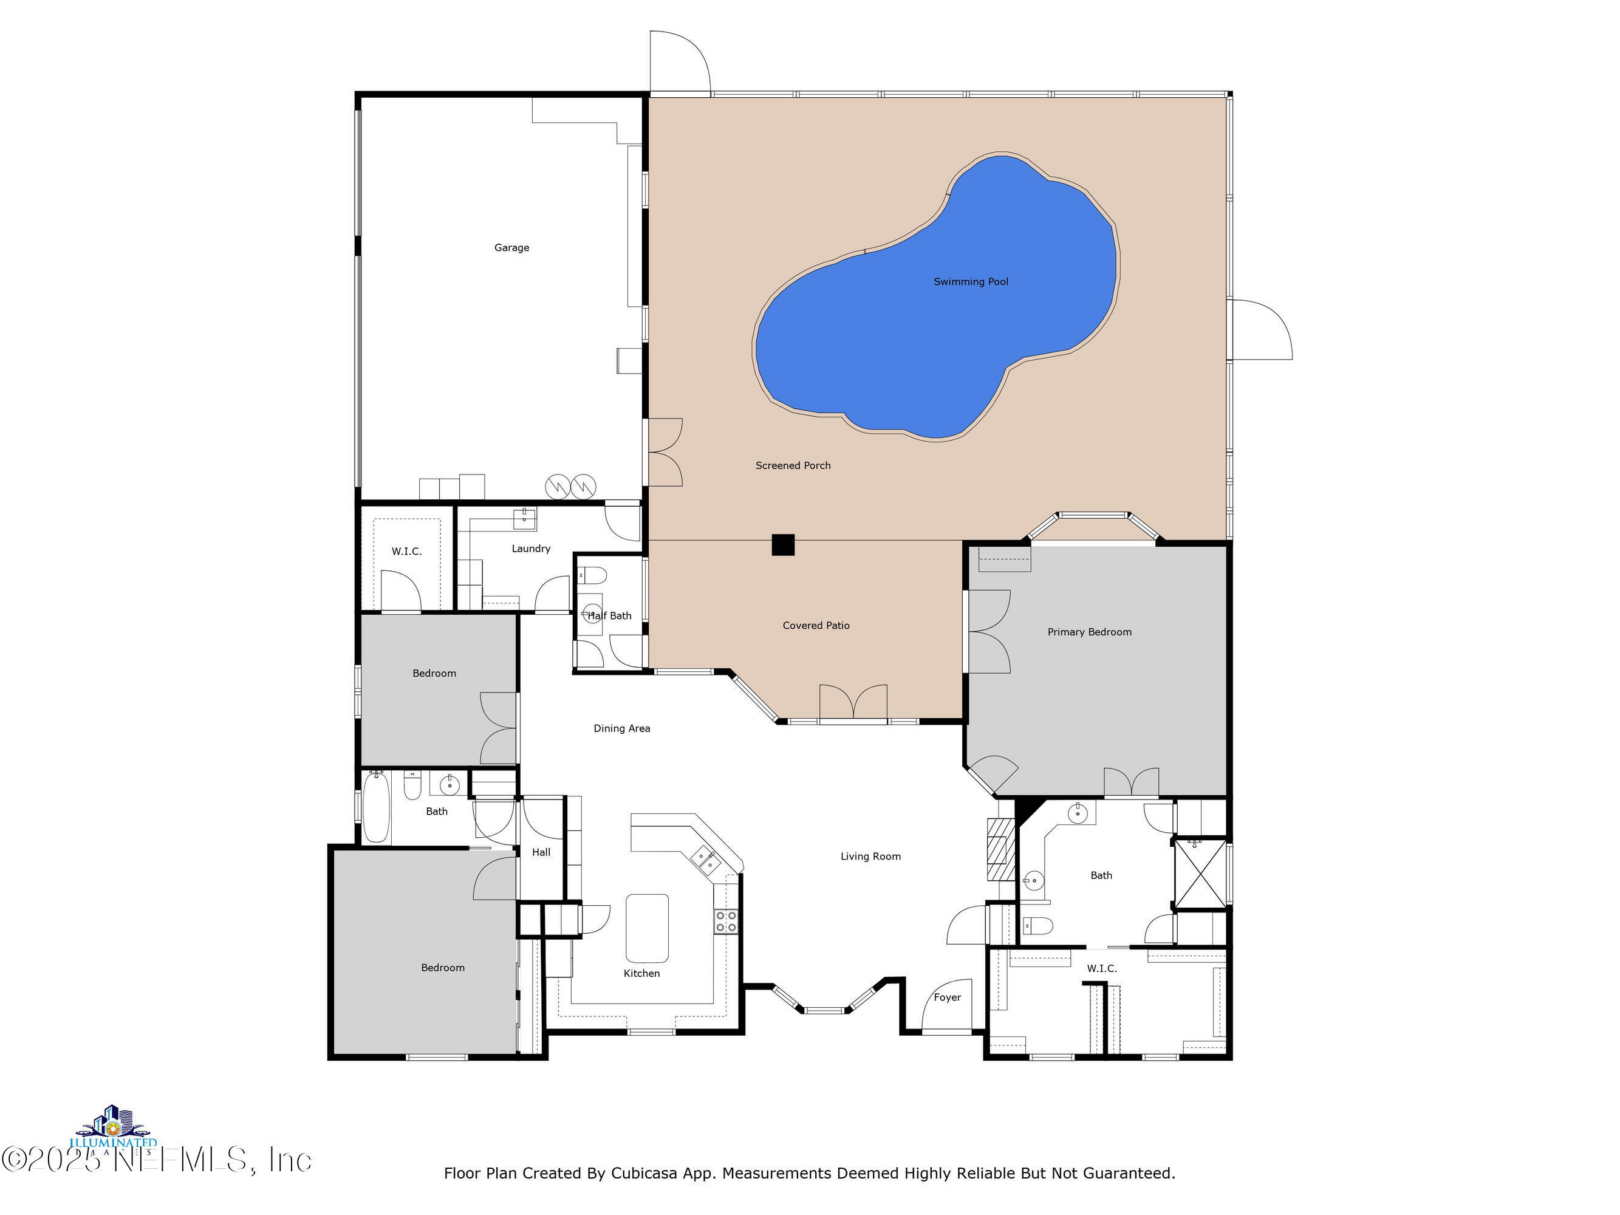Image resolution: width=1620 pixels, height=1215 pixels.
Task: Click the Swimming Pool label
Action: (971, 282)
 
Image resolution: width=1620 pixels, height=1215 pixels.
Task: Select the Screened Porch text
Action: (793, 466)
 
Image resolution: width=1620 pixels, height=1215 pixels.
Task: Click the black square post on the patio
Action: (782, 545)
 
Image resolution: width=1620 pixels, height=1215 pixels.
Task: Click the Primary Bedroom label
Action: (1089, 632)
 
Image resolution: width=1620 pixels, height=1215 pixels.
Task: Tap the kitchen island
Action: (647, 927)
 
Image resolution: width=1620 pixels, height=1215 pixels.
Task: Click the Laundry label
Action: (530, 549)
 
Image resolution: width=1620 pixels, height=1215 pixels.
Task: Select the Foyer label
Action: (947, 998)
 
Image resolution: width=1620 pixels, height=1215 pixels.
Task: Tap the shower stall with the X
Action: (1200, 874)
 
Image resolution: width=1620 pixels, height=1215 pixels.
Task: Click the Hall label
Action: (541, 852)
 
